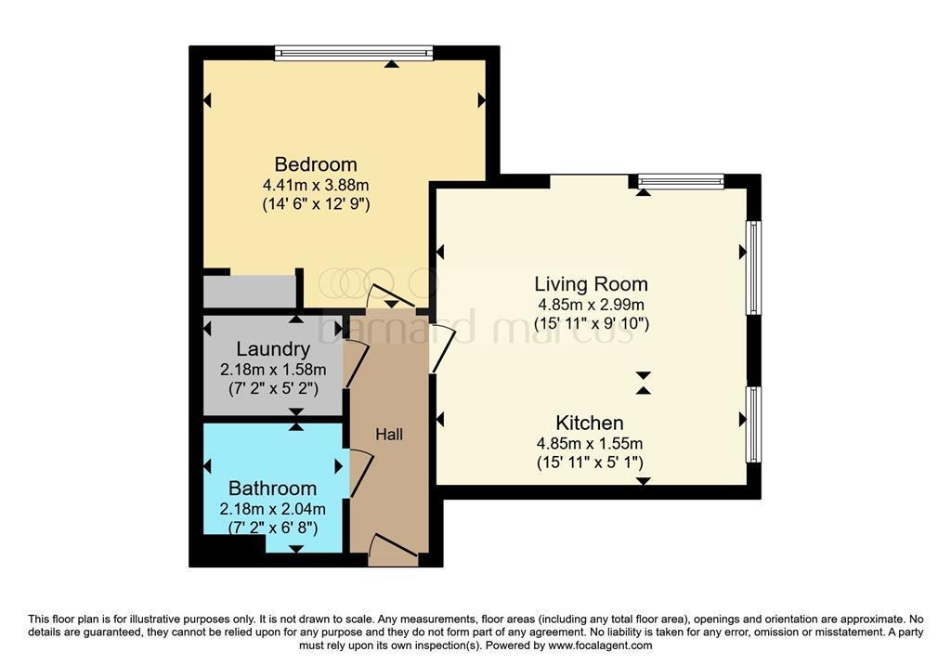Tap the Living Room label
(591, 284)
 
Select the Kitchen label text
(590, 423)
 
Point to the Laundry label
(273, 349)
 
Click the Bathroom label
(272, 489)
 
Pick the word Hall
(389, 434)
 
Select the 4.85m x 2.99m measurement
(591, 305)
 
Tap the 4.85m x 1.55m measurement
(590, 443)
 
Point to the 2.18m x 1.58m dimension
(273, 370)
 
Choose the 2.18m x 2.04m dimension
(272, 509)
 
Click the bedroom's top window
(354, 54)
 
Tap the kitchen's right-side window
(754, 424)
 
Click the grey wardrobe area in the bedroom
(249, 291)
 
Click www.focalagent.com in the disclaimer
(600, 645)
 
